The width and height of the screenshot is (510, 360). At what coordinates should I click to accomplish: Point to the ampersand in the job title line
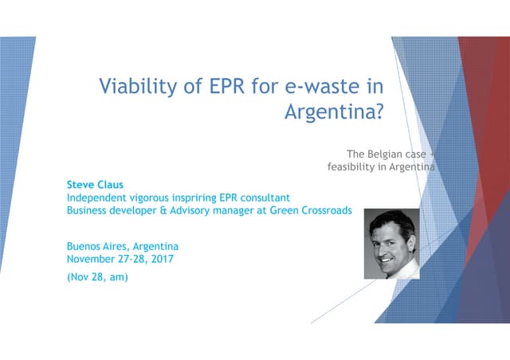pos(154,210)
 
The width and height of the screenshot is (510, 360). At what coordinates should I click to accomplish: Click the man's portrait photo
pos(391,244)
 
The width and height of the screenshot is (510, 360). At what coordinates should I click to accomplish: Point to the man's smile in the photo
pos(388,259)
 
